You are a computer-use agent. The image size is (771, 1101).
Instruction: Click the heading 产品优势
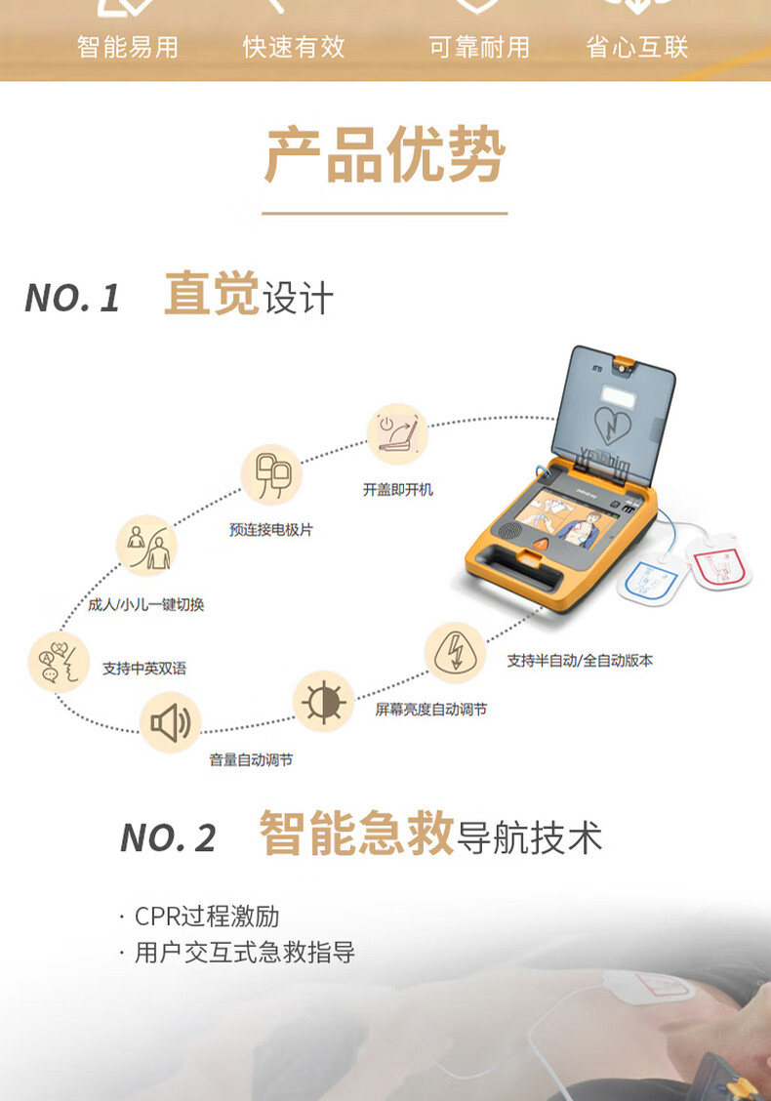385,154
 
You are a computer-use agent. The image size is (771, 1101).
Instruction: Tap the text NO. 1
72,298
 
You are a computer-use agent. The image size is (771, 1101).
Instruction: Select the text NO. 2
168,837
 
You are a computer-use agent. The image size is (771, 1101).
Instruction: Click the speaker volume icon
171,722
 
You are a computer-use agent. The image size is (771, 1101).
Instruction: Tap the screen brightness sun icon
323,702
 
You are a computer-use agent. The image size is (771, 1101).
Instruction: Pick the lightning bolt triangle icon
455,652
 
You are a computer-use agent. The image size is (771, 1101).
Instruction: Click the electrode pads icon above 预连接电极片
271,475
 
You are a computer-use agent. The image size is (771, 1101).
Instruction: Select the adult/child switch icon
146,547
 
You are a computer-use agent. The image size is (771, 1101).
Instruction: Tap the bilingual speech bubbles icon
59,662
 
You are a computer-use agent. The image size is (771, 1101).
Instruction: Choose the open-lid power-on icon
397,434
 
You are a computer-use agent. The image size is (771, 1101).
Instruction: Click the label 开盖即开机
397,489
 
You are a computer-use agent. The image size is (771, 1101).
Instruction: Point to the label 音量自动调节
251,759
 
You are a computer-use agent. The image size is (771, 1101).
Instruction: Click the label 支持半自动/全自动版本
580,661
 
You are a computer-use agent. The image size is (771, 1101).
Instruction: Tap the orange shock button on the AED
541,545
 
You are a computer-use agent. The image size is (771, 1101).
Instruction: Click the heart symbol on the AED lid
613,425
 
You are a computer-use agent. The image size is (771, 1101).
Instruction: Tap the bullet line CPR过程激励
199,917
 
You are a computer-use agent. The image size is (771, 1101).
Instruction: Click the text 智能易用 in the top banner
128,47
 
